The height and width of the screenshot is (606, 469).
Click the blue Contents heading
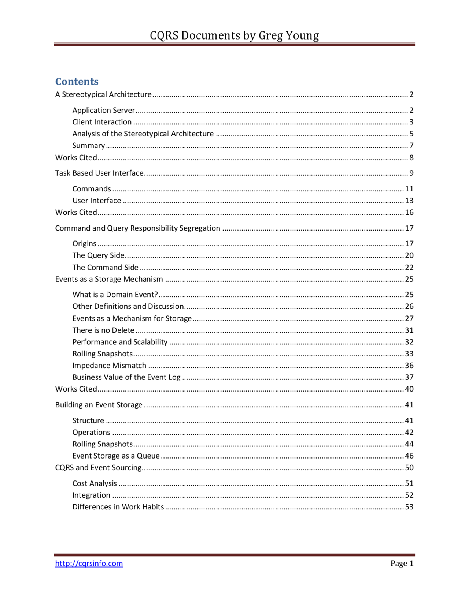[x=77, y=81]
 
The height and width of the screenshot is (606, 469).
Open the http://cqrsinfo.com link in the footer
[x=89, y=563]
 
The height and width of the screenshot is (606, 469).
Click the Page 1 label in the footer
[x=402, y=563]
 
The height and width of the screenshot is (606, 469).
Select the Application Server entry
[x=104, y=110]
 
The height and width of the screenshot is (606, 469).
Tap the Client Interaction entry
[x=102, y=122]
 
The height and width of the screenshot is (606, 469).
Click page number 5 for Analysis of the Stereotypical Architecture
[x=411, y=134]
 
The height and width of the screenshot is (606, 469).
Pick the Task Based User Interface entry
[x=99, y=173]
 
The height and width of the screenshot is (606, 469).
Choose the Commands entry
[x=92, y=189]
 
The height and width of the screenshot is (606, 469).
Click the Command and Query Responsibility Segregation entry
[x=138, y=228]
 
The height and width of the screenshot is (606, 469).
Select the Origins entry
[x=84, y=243]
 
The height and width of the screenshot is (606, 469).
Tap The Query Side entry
[x=98, y=255]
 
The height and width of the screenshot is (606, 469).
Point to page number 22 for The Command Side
[x=409, y=267]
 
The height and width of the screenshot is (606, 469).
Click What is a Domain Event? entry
[x=115, y=295]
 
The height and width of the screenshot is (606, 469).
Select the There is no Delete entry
[x=103, y=330]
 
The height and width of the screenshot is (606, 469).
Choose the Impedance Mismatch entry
[x=109, y=365]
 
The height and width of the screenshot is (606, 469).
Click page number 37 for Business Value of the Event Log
[x=409, y=377]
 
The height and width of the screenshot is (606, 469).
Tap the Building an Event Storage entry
[x=99, y=405]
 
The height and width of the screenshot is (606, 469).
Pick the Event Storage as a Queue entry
[x=116, y=456]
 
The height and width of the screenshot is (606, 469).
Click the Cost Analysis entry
[x=95, y=483]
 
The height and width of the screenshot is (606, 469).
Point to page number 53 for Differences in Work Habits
[x=409, y=507]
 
